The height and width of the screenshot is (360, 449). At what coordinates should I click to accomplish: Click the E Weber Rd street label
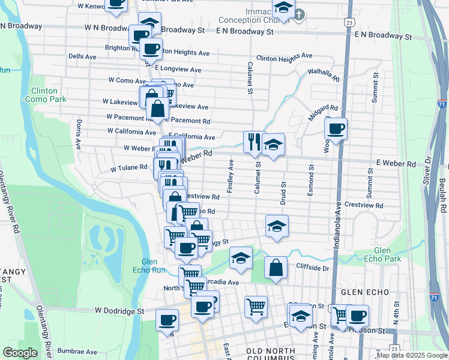click(396, 163)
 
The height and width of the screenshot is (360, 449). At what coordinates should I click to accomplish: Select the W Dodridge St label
click(120, 311)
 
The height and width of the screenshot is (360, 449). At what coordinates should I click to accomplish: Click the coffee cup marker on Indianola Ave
click(336, 127)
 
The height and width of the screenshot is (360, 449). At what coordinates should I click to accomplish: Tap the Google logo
click(20, 353)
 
